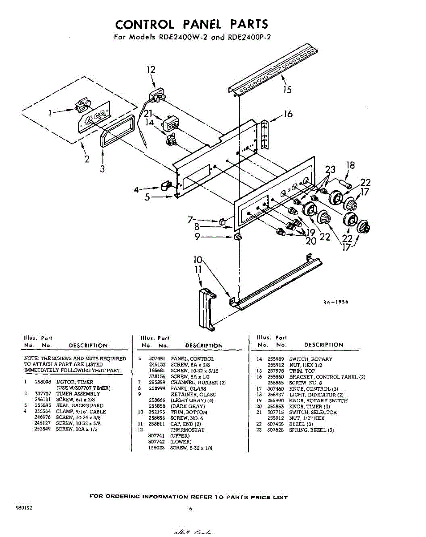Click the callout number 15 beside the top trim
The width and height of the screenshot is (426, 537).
(287, 89)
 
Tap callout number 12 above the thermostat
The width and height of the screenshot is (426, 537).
(151, 69)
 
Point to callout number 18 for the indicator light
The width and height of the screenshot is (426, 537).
(350, 165)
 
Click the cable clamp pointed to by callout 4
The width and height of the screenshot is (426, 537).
(166, 185)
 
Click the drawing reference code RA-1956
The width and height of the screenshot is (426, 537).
(336, 302)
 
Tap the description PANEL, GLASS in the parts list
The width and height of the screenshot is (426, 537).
(188, 388)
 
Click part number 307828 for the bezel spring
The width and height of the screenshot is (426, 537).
(276, 430)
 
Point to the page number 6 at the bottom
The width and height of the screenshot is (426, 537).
(190, 509)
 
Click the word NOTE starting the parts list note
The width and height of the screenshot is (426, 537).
(31, 359)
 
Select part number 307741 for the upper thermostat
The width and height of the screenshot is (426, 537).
(157, 436)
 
